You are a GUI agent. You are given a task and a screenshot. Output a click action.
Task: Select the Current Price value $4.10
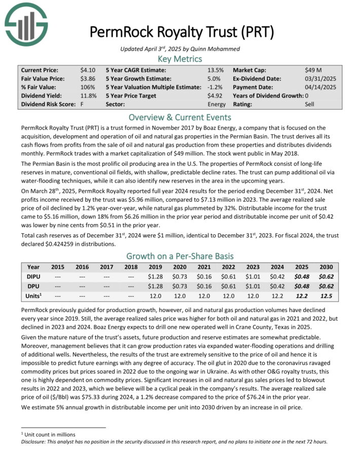87,70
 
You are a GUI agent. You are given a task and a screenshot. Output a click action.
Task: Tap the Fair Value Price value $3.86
87,79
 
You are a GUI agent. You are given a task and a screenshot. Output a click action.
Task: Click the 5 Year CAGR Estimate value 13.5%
215,70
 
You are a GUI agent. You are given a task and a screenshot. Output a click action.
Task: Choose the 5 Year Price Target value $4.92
215,96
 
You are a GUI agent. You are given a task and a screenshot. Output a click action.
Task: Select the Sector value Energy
215,104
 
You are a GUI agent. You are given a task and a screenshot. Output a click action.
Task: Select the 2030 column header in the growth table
326,267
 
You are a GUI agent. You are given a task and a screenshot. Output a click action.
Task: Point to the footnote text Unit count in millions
51,435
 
